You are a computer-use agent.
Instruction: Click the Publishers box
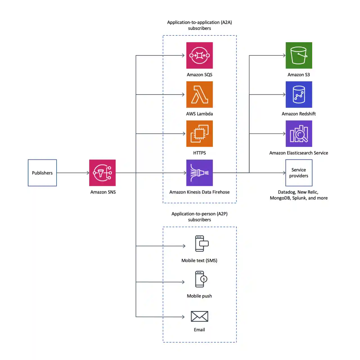coord(42,173)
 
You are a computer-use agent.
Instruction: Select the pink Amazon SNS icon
coord(102,173)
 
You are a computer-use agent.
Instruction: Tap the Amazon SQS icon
coord(199,55)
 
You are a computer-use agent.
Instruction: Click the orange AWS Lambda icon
coord(199,94)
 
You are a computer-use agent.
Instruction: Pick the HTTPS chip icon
coord(199,134)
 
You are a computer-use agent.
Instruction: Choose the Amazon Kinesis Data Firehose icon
coord(199,173)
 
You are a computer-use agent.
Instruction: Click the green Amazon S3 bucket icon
coord(299,55)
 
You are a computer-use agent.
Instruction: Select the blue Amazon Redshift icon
coord(299,94)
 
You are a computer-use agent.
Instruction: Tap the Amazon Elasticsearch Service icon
coord(299,134)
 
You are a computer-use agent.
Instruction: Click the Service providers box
coord(299,173)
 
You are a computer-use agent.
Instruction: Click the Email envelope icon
coord(199,316)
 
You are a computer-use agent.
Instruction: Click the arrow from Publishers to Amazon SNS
coord(73,173)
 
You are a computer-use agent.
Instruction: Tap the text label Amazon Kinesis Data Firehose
coord(199,192)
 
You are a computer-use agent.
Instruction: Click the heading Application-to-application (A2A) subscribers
coord(199,25)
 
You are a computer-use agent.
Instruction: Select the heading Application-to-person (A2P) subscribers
coord(199,217)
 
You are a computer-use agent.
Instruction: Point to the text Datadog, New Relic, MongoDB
coord(298,195)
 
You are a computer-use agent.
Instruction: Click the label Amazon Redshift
coord(299,114)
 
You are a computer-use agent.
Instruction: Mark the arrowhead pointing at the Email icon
coord(183,317)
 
